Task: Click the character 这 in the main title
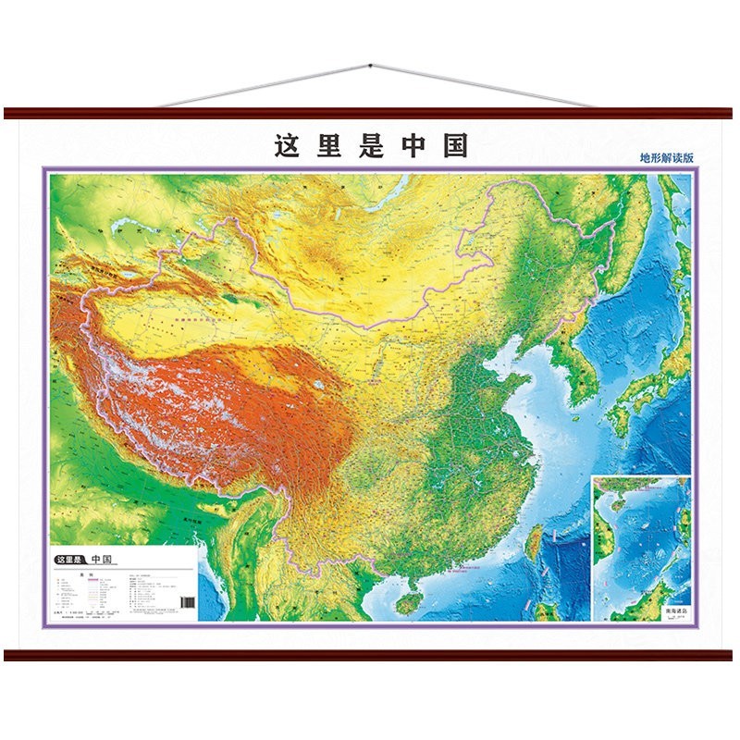click(x=287, y=146)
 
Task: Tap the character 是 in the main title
click(x=372, y=146)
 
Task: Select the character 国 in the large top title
click(x=455, y=146)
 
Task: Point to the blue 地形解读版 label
click(x=666, y=157)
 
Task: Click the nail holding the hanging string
click(x=370, y=66)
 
